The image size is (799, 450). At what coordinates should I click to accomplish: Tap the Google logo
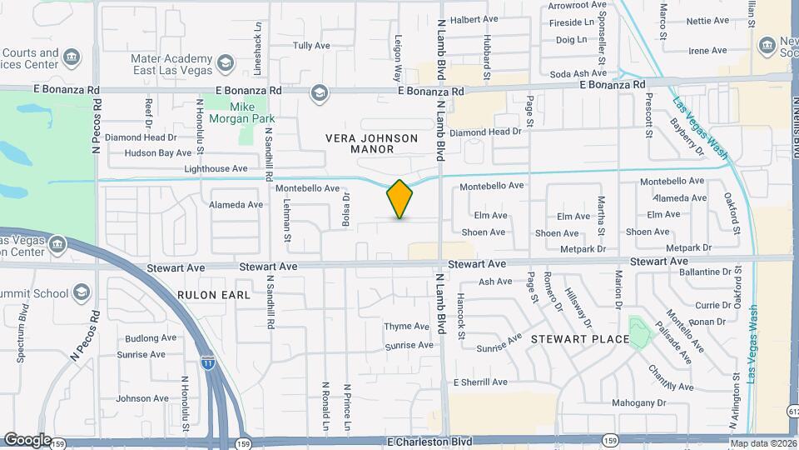(x=27, y=440)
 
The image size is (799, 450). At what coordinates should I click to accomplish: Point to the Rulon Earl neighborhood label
(x=207, y=295)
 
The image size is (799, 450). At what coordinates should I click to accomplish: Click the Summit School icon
(x=82, y=292)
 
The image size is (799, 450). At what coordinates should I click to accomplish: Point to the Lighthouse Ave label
(x=216, y=168)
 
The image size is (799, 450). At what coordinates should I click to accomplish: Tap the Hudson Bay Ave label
(x=158, y=153)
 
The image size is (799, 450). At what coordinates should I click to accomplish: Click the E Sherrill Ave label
(x=480, y=382)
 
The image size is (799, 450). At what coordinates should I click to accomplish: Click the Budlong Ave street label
(x=151, y=338)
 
